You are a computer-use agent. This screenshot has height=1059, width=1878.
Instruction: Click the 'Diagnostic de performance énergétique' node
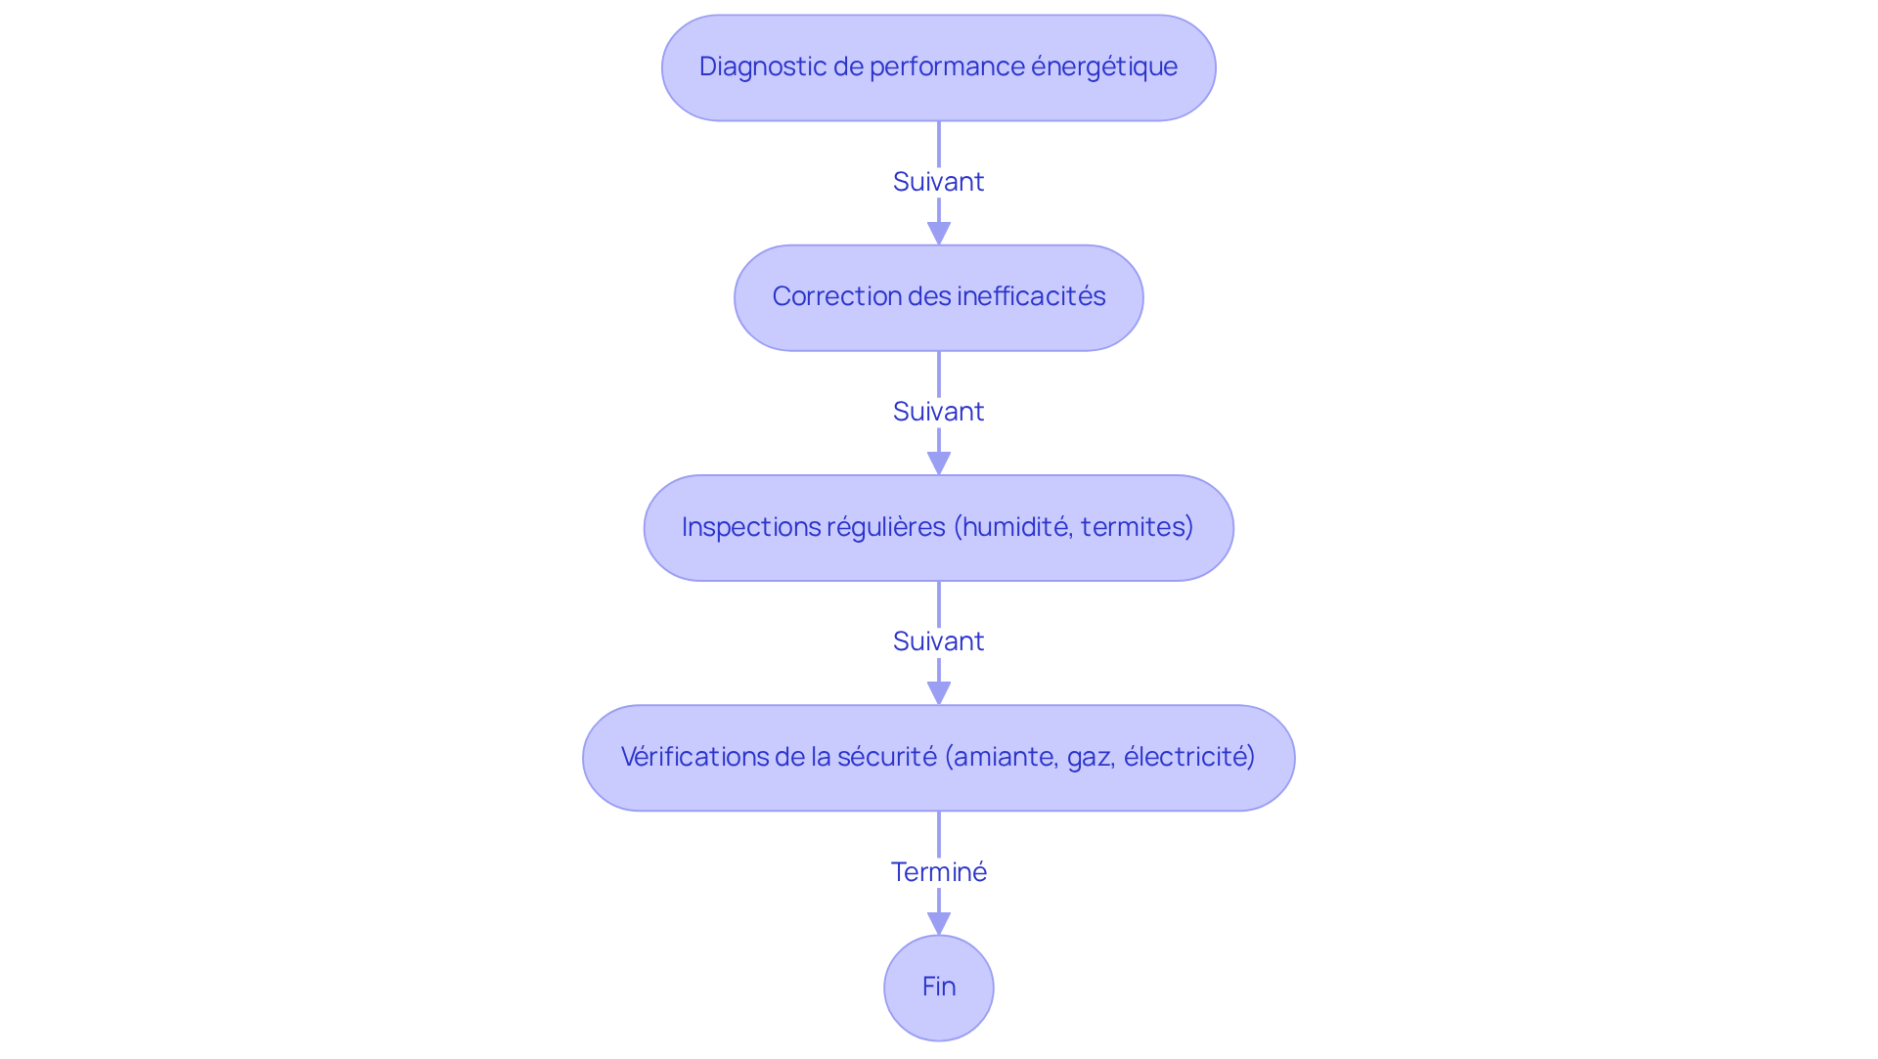tap(938, 67)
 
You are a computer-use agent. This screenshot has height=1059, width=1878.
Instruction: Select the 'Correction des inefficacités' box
tap(938, 297)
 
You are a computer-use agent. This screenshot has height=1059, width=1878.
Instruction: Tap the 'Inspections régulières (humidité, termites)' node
tap(938, 528)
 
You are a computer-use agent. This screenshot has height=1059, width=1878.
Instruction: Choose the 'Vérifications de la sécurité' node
tap(938, 758)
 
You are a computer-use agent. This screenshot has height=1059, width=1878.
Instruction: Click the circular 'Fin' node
tap(938, 988)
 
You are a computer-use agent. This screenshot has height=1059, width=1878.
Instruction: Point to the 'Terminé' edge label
tap(938, 871)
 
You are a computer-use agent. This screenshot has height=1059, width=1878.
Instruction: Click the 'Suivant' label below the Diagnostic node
tap(938, 182)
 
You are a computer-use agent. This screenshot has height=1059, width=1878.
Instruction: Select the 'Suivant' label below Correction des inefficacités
tap(938, 412)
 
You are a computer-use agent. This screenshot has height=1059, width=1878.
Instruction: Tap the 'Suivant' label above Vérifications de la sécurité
tap(938, 641)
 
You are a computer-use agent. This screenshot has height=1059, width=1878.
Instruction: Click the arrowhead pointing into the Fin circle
tap(938, 923)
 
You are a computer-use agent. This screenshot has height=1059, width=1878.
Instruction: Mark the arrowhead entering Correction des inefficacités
tap(938, 233)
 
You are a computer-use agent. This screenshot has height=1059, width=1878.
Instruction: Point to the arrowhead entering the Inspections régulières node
tap(938, 463)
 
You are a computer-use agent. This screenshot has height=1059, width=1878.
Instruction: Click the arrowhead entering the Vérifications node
tap(938, 692)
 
